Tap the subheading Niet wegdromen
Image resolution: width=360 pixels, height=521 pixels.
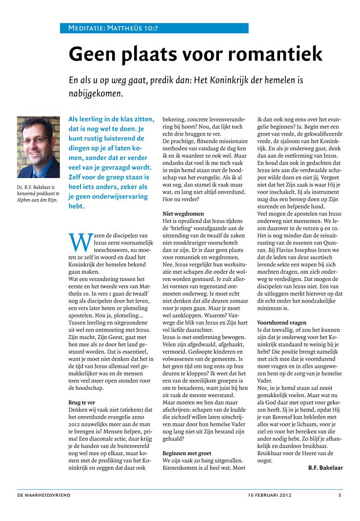(x=183, y=214)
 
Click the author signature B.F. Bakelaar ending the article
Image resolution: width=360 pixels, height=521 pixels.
(x=325, y=467)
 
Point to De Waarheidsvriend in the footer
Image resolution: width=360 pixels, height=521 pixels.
(x=44, y=495)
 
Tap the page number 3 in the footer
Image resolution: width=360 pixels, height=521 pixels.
(x=340, y=495)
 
